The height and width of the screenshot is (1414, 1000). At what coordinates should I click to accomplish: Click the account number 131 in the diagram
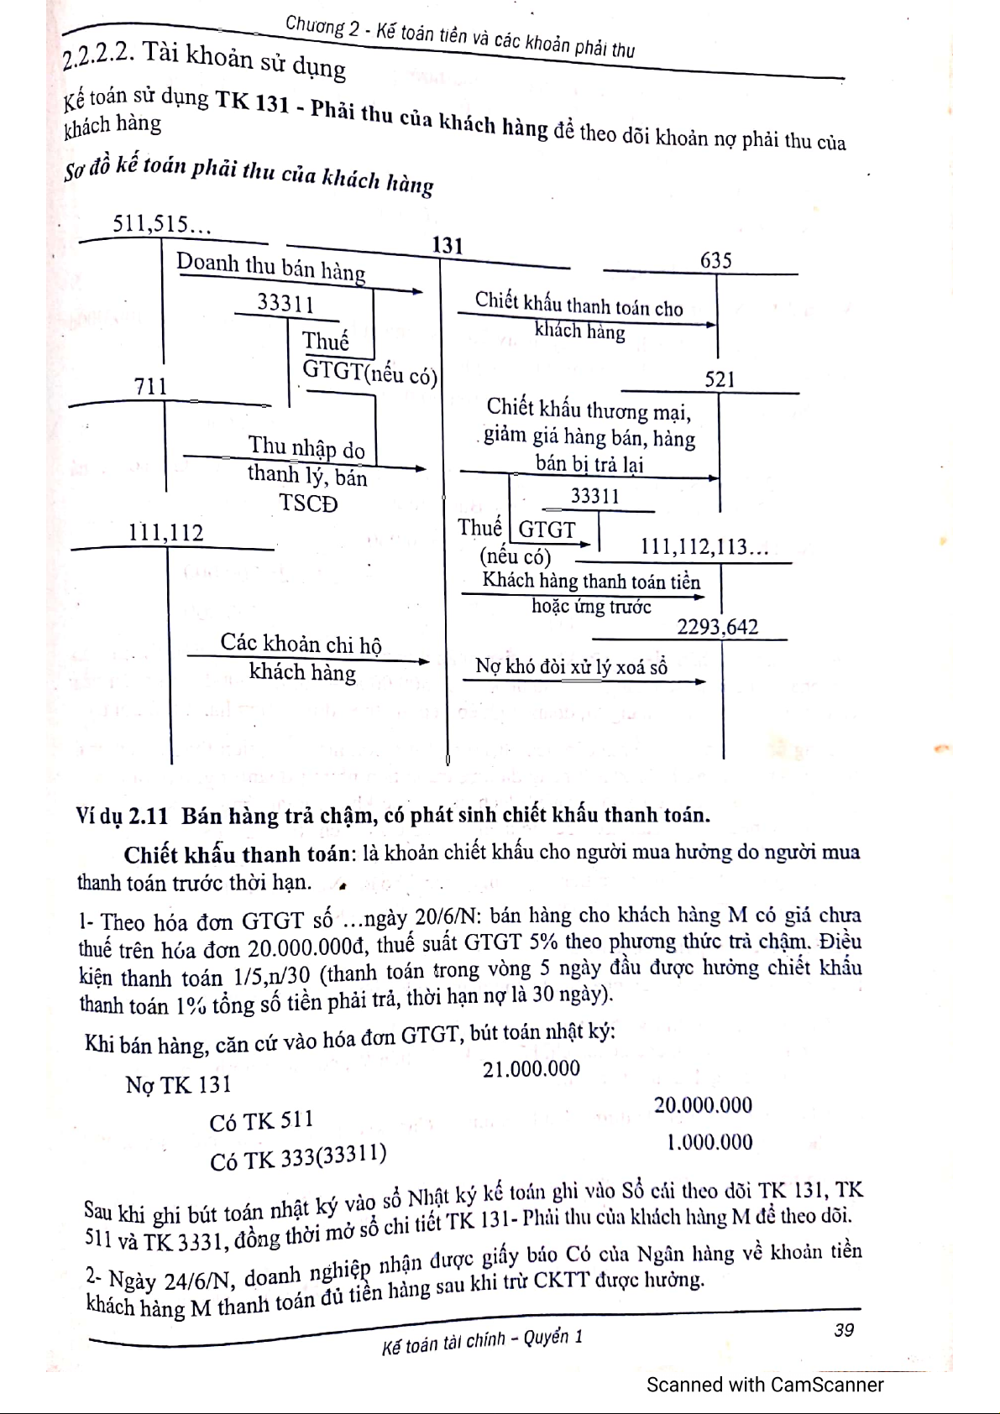point(448,245)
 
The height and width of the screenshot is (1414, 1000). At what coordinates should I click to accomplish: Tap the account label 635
point(715,260)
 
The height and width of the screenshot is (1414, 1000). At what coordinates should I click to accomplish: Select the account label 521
point(720,379)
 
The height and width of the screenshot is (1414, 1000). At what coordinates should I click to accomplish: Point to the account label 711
point(151,387)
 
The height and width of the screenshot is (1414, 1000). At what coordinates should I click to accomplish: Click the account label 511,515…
point(162,224)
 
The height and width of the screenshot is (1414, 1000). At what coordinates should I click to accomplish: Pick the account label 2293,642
point(717,627)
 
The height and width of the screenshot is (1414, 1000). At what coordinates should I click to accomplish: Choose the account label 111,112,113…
point(704,548)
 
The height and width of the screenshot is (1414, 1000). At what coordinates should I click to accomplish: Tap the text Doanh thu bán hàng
point(270,267)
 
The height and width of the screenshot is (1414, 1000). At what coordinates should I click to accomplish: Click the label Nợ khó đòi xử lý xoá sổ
point(571,667)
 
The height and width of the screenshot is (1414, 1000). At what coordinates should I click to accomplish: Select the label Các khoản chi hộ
point(301,644)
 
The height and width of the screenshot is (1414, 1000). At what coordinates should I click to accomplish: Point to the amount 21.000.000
point(531,1068)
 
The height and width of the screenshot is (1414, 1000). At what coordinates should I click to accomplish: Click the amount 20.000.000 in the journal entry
point(703,1105)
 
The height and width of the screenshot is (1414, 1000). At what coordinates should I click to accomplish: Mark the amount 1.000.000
point(709,1142)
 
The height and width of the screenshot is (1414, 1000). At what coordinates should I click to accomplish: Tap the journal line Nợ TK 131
point(178,1085)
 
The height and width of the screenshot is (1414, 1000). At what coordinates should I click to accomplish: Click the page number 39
point(844,1330)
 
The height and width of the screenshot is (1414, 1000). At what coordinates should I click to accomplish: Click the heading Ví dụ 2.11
point(123,816)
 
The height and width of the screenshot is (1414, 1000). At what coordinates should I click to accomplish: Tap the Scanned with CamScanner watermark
point(765,1385)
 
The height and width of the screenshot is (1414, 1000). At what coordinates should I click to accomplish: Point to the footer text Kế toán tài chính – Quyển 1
point(481,1342)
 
